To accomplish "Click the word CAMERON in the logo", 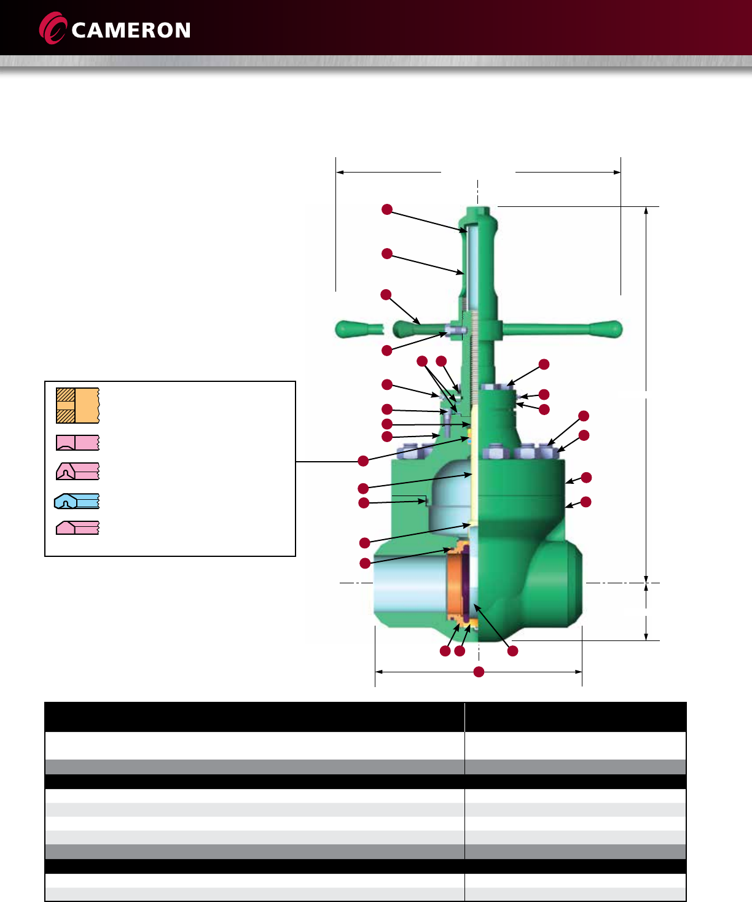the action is point(131,30).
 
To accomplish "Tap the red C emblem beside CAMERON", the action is point(53,28).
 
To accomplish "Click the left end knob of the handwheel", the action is point(348,329).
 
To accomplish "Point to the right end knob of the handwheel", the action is point(607,329).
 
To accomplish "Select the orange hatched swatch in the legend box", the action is point(77,405).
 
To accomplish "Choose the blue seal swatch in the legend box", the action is point(77,501).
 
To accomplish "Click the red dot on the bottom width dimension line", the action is point(479,672).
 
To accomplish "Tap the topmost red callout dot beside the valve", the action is point(387,209).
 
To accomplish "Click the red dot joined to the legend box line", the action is point(363,461).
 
